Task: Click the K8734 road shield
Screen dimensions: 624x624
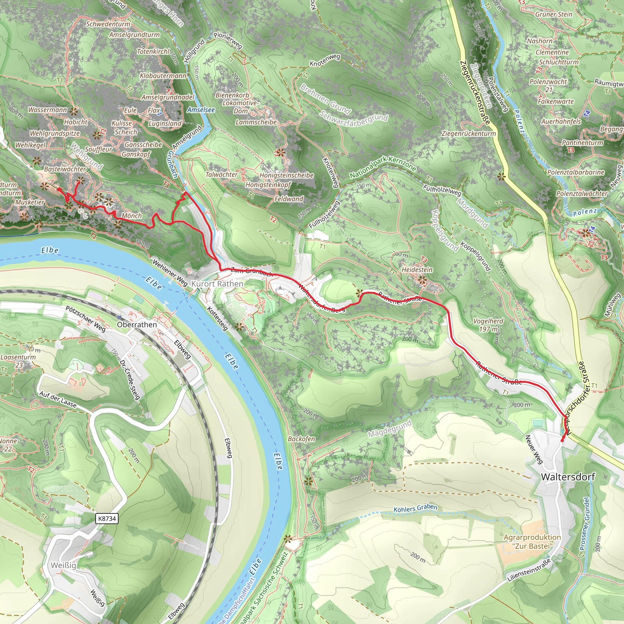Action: click(107, 518)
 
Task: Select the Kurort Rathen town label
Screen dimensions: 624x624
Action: click(217, 284)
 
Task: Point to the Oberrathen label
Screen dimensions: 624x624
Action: click(137, 324)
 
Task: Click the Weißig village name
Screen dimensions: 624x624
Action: click(64, 565)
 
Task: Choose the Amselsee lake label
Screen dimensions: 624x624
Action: click(201, 110)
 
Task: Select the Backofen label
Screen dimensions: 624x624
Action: click(301, 439)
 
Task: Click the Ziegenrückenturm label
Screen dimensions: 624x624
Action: click(469, 133)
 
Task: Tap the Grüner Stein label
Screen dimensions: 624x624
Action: click(554, 14)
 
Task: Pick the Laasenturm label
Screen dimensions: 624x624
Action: click(18, 357)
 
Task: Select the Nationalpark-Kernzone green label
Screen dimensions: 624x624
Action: click(383, 167)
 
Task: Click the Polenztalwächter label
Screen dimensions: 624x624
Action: click(582, 193)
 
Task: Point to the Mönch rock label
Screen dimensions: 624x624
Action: click(132, 215)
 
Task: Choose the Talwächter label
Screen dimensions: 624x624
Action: click(222, 174)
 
